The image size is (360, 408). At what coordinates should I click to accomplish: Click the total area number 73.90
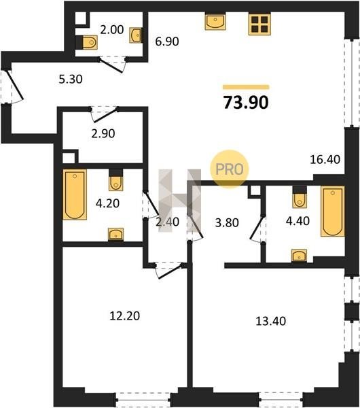coord(246,103)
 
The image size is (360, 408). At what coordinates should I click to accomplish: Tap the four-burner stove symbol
coord(259,24)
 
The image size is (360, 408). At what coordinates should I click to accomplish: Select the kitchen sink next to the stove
coord(215,22)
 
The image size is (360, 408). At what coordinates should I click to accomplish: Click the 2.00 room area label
coord(112,30)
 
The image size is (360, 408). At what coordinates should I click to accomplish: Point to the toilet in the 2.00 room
coord(87,42)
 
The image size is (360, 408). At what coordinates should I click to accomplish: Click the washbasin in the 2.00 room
coord(135,35)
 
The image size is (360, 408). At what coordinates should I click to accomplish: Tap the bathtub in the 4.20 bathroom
coord(75,194)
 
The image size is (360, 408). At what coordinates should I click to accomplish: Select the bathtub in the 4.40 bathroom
coord(333,211)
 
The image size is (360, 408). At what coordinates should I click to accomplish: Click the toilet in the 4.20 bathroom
coord(116,180)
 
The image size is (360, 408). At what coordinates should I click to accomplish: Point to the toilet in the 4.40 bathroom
coord(300,197)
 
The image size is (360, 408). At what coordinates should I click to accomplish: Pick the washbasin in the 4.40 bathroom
coord(299,255)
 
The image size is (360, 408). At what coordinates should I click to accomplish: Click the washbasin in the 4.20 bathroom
coord(116,234)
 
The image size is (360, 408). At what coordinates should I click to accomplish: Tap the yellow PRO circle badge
coord(230,169)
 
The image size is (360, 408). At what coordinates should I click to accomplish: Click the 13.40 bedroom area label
coord(271,321)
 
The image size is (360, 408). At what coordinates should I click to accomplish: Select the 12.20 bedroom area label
coord(125,316)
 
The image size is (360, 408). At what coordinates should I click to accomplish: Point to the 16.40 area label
coord(325,159)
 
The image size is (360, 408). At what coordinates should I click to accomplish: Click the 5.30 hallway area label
coord(71,79)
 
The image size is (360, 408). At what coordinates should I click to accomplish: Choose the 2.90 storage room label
coord(103,133)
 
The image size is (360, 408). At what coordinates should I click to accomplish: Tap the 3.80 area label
coord(227,223)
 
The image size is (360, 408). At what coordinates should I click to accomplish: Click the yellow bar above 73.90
coord(246,87)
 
